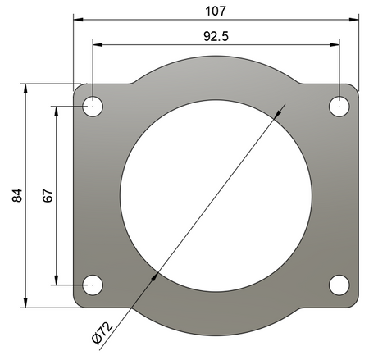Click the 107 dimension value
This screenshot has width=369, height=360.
216,11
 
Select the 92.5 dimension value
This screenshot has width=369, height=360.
216,36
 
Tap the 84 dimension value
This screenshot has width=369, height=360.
17,195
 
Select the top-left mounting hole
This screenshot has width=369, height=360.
93,107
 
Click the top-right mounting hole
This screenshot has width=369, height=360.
339,106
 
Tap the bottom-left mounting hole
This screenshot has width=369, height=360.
93,285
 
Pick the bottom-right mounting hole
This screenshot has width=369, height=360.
339,285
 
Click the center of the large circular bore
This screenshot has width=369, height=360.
216,195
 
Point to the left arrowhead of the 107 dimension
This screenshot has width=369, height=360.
77,18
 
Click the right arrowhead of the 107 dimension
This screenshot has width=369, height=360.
354,18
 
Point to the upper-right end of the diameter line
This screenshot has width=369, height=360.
284,103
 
